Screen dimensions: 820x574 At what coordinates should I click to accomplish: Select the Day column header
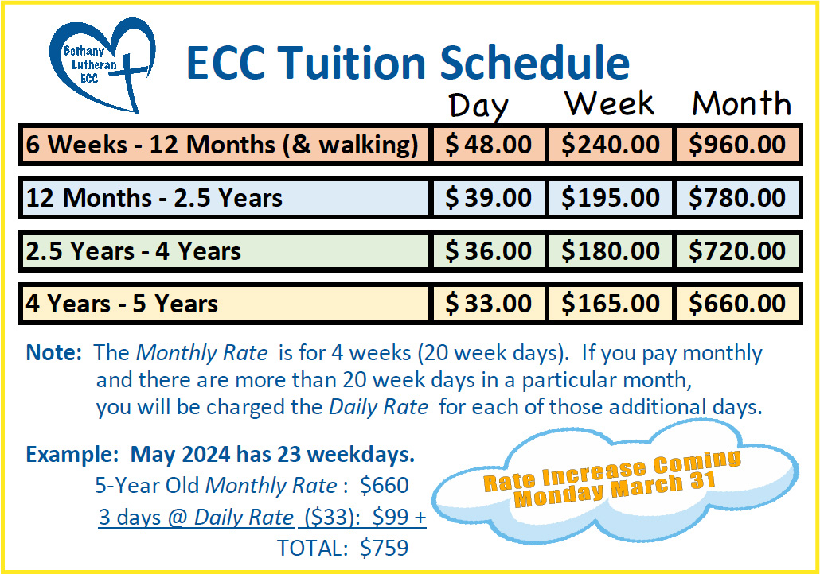478,106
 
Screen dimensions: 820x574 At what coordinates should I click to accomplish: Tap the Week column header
609,103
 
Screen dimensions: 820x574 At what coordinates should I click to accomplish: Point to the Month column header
741,103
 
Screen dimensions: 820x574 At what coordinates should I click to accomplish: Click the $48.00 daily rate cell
488,145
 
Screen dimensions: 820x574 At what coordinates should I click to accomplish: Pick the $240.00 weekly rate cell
610,145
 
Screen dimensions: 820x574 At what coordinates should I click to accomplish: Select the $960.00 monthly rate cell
737,145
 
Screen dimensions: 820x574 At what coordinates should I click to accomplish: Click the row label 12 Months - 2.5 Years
154,198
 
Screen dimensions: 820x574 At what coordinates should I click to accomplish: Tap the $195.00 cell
610,198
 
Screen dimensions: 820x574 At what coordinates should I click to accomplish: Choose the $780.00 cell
737,198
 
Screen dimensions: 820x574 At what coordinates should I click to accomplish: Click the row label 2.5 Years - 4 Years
134,251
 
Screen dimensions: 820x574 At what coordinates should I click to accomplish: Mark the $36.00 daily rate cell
488,251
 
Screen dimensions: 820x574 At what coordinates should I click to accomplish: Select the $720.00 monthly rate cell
737,251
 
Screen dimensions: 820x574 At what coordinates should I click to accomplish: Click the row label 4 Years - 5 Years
122,304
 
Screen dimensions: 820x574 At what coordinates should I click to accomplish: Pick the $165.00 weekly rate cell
610,304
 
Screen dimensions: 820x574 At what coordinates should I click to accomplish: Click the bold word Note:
54,352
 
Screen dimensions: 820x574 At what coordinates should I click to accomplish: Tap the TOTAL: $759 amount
342,548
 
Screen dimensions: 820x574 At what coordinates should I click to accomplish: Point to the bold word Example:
72,455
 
